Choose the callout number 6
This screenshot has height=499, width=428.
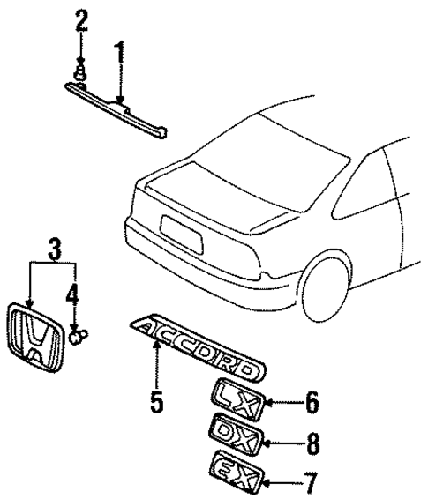[x=311, y=405]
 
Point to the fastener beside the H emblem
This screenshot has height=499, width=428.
[x=78, y=334]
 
